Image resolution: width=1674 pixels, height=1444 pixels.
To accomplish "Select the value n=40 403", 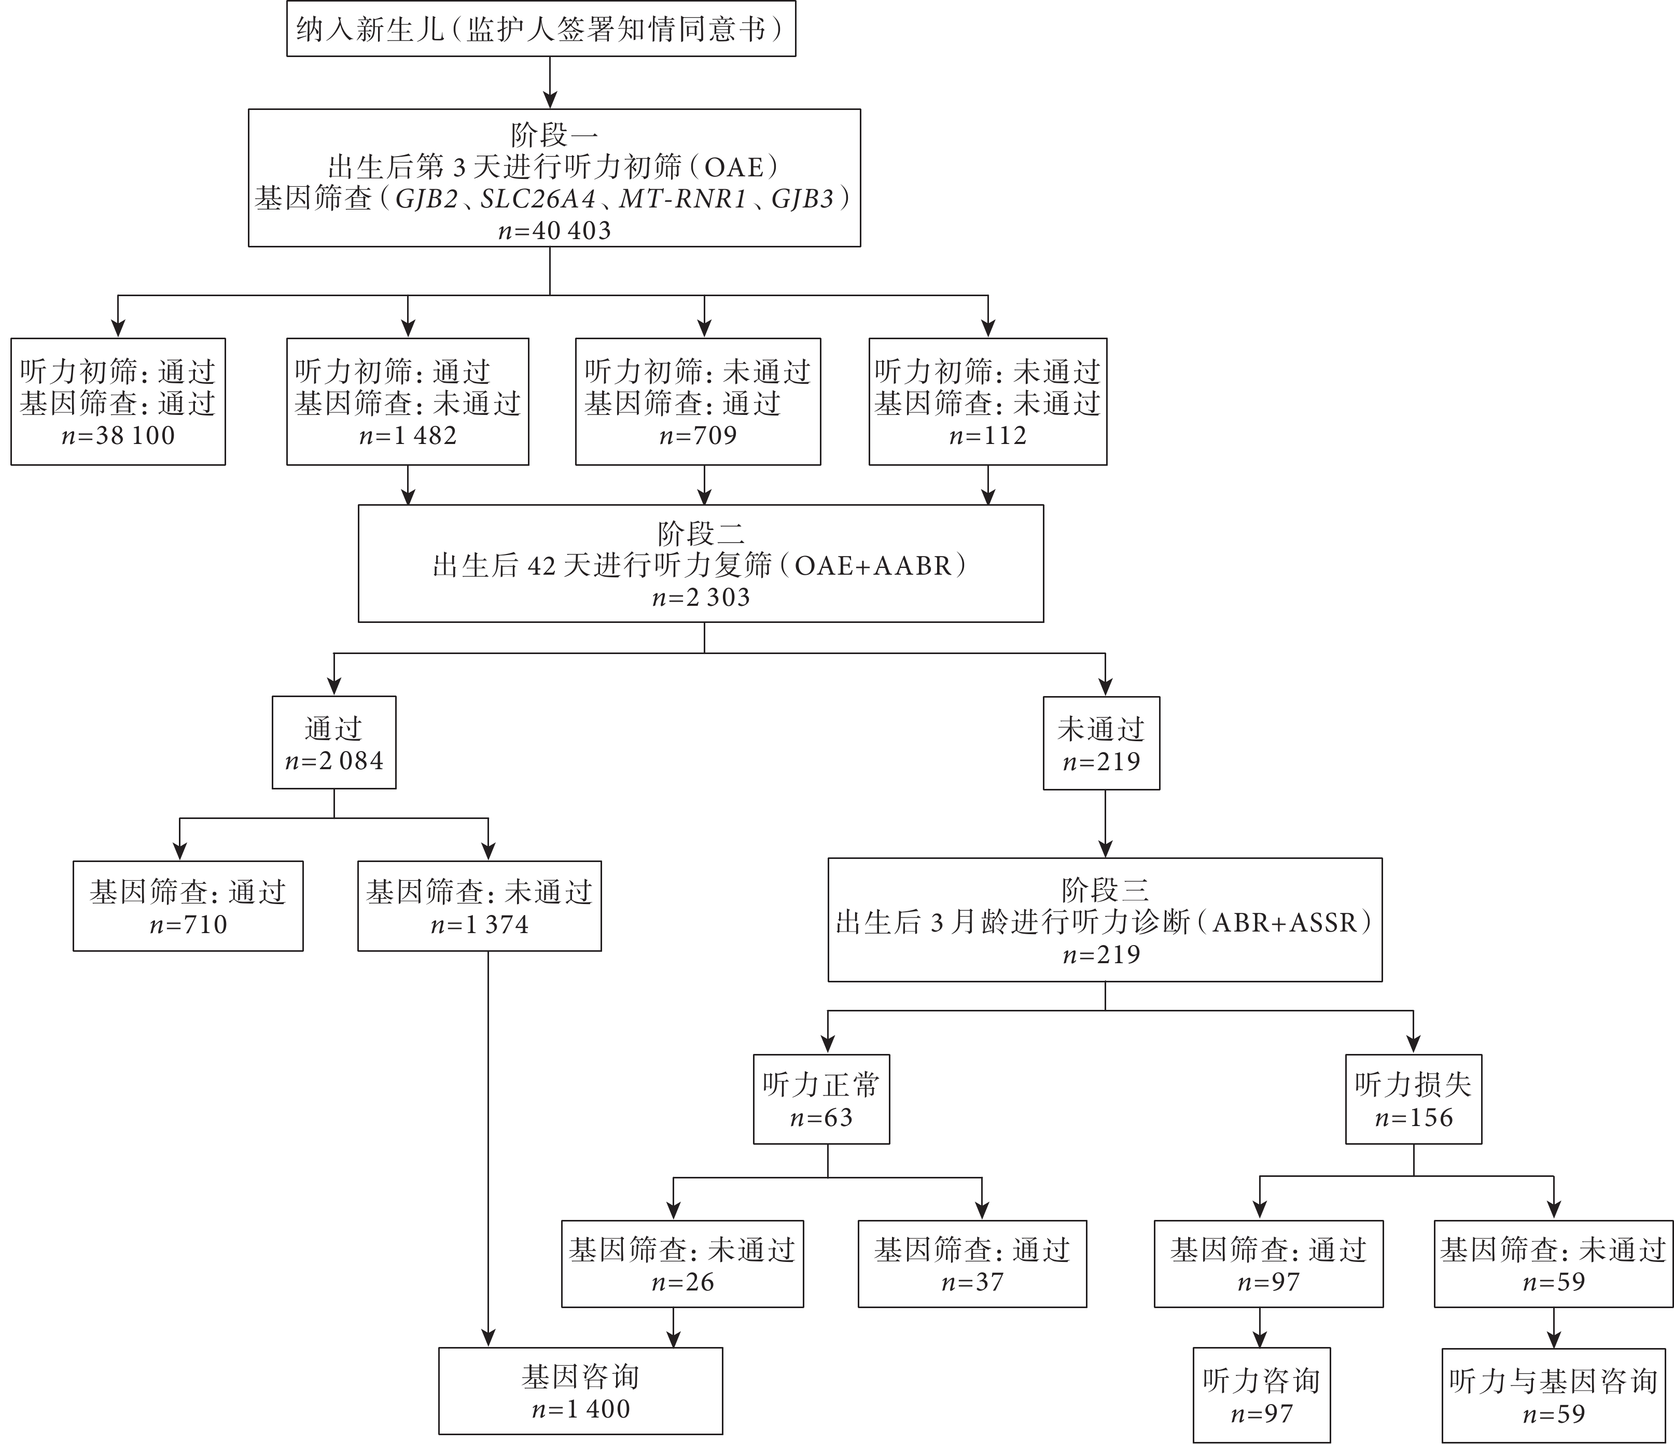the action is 555,231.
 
